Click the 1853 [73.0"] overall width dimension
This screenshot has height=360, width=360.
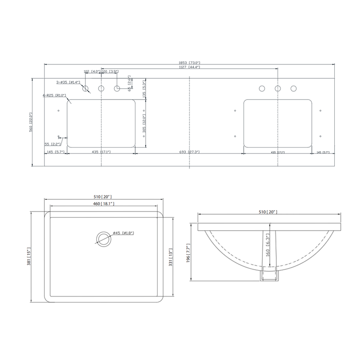point(189,63)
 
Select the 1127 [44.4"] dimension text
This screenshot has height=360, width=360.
point(189,67)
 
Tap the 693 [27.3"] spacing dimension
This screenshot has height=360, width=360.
point(189,152)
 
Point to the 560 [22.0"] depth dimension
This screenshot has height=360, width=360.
point(31,121)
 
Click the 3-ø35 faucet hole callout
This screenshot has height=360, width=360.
point(67,82)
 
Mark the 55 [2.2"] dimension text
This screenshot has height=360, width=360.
point(53,144)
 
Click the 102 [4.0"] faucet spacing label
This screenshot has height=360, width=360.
point(92,72)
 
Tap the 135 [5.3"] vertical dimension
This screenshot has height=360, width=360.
point(144,89)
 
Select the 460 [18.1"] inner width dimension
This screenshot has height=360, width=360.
point(104,204)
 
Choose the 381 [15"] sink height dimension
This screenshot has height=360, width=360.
point(29,256)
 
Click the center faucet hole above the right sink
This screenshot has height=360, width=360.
point(278,88)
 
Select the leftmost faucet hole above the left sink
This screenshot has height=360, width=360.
point(85,88)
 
